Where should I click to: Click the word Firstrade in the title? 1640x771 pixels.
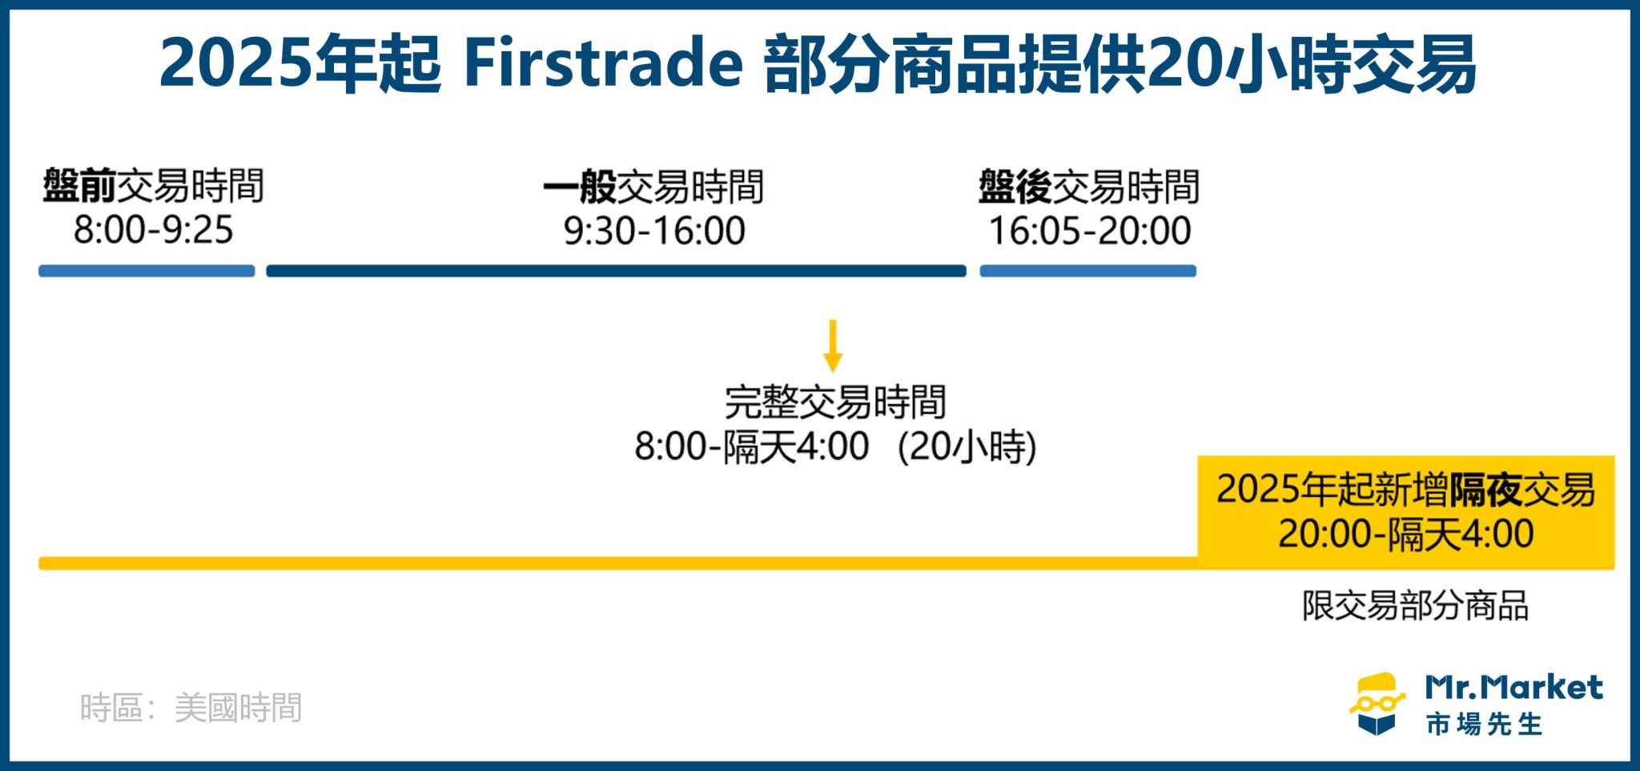[x=603, y=64]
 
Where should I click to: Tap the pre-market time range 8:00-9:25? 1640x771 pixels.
[x=153, y=230]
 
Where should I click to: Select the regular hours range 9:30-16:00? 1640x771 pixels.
[x=653, y=231]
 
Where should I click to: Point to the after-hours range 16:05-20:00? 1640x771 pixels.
[x=1089, y=231]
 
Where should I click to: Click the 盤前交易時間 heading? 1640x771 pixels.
[x=153, y=187]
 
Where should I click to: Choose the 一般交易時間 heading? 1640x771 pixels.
[x=653, y=187]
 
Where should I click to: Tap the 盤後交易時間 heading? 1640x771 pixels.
[x=1089, y=187]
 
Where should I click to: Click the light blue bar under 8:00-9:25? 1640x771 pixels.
[x=147, y=271]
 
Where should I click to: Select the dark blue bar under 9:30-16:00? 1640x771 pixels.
[x=616, y=271]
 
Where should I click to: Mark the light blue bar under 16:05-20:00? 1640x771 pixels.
[x=1087, y=271]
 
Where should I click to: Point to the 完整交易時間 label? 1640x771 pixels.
[x=834, y=402]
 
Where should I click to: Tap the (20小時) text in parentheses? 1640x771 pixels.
[x=967, y=447]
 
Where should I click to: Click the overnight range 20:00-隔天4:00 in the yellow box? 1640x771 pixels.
[x=1405, y=534]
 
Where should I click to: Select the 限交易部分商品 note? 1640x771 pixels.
[x=1415, y=606]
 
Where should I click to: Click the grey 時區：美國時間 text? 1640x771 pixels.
[x=191, y=708]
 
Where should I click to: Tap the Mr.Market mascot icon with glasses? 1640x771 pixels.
[x=1377, y=704]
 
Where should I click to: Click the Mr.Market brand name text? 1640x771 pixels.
[x=1513, y=688]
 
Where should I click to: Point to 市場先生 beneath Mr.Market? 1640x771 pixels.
[x=1484, y=725]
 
